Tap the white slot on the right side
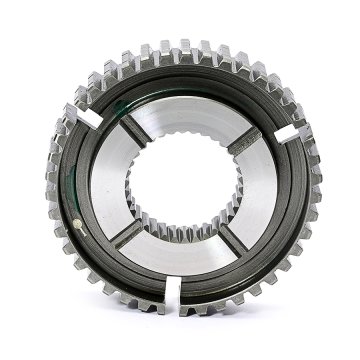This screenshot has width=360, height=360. point(291,131)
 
